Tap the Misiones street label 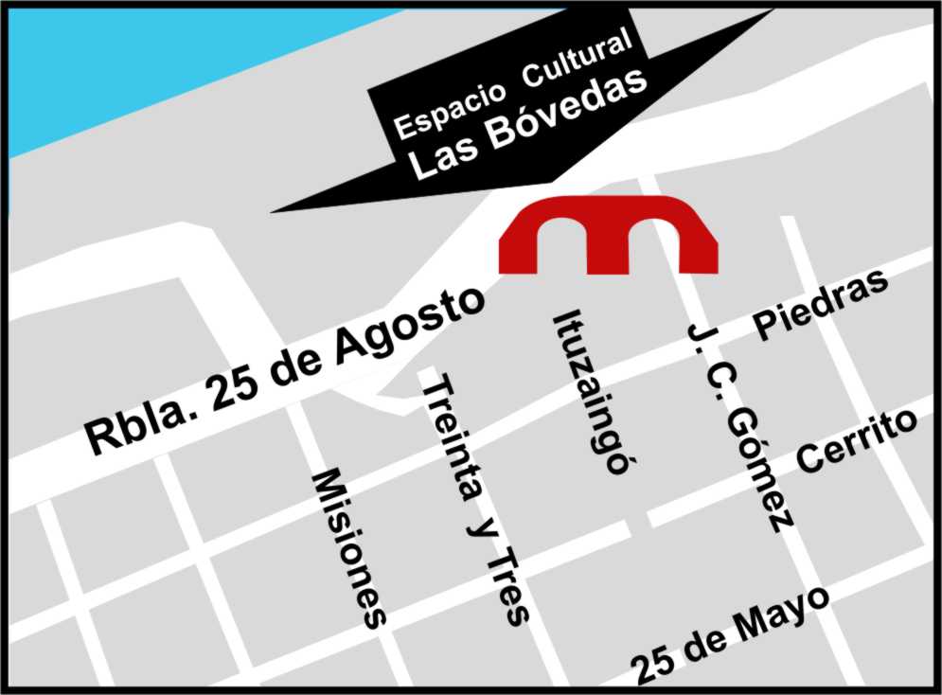click(350, 547)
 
